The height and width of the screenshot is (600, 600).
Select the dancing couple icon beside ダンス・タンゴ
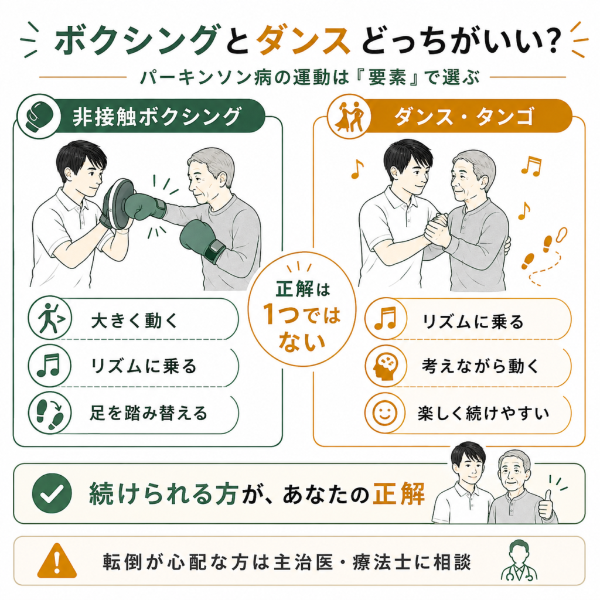pyautogui.click(x=349, y=117)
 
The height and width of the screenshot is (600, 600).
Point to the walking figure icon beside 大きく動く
pyautogui.click(x=50, y=318)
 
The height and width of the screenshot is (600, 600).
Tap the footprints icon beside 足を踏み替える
pyautogui.click(x=50, y=413)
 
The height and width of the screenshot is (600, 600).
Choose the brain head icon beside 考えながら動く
pyautogui.click(x=386, y=366)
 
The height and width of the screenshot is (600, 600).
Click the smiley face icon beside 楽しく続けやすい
pyautogui.click(x=386, y=413)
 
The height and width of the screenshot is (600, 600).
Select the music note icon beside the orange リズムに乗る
pyautogui.click(x=386, y=318)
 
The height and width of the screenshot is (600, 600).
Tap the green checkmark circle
pyautogui.click(x=52, y=493)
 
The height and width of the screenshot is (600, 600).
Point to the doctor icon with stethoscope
pyautogui.click(x=519, y=561)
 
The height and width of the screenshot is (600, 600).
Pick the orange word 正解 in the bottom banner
pyautogui.click(x=398, y=494)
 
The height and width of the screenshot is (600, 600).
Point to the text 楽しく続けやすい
pyautogui.click(x=483, y=414)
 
